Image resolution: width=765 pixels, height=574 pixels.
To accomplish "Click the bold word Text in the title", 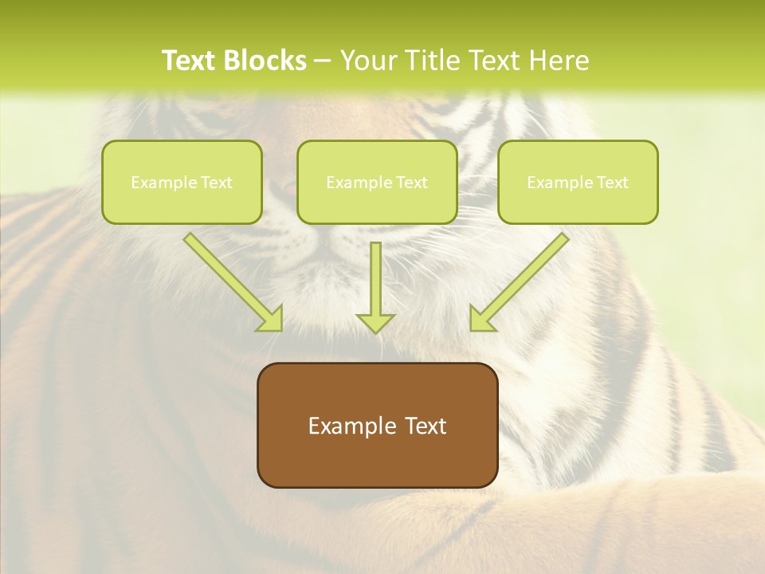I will click(x=189, y=61).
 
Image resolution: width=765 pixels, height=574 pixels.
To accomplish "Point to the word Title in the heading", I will click(x=437, y=61).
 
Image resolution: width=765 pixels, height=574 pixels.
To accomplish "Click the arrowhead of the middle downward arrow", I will click(x=375, y=322).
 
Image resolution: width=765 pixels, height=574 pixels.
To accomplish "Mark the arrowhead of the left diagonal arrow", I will click(x=272, y=319).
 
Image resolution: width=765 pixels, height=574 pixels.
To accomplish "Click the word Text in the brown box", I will click(x=424, y=426).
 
